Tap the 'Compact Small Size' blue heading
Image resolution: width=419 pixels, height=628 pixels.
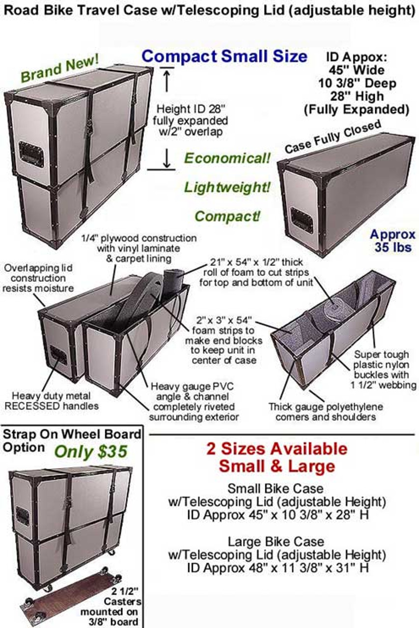pyautogui.click(x=224, y=56)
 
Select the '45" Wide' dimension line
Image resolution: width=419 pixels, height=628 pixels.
pyautogui.click(x=357, y=70)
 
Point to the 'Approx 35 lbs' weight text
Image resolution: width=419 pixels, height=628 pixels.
pyautogui.click(x=392, y=241)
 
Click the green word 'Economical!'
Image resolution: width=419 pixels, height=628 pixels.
pyautogui.click(x=227, y=158)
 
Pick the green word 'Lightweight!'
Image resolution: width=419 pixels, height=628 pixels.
pyautogui.click(x=227, y=187)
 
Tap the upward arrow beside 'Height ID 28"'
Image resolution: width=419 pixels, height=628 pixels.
pyautogui.click(x=167, y=79)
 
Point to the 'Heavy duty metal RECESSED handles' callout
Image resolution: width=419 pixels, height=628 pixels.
pyautogui.click(x=52, y=401)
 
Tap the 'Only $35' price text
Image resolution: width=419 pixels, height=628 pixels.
pyautogui.click(x=91, y=452)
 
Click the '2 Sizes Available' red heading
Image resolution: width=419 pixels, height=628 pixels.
pyautogui.click(x=277, y=449)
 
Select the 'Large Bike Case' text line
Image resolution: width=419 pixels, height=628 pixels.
pyautogui.click(x=276, y=542)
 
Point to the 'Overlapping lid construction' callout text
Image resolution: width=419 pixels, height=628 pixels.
pyautogui.click(x=38, y=278)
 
